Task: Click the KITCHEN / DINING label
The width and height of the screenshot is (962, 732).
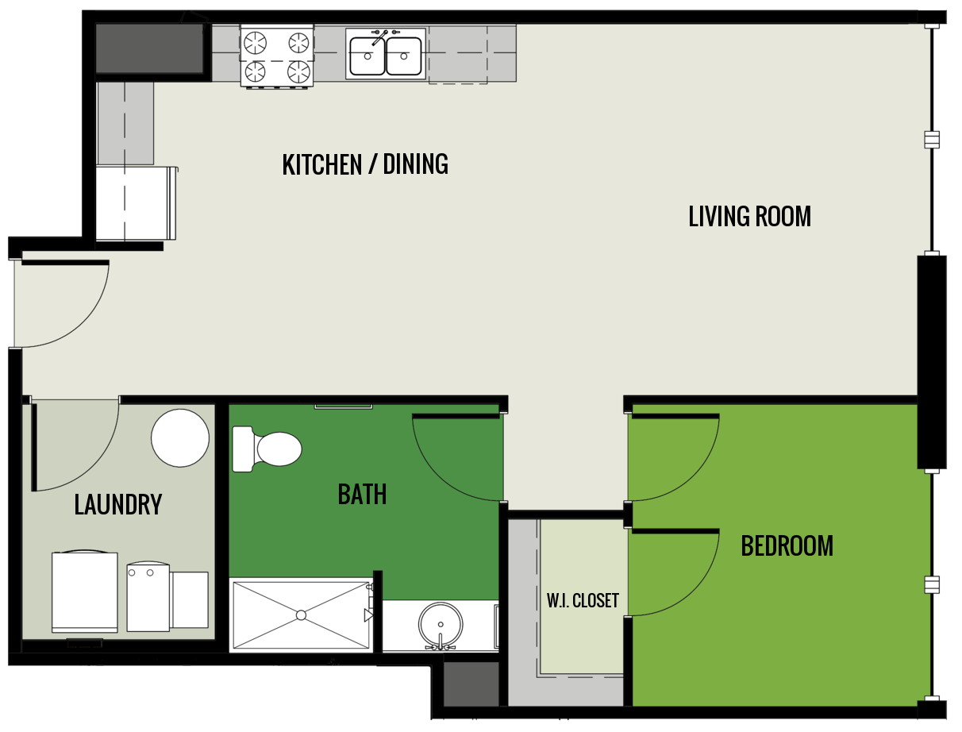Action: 365,164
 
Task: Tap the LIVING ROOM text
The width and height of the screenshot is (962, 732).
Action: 749,216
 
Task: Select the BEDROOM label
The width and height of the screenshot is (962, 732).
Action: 787,546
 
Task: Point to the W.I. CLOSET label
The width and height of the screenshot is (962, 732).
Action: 583,600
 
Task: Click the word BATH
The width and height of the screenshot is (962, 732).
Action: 362,495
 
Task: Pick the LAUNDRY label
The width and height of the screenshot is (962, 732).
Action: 117,505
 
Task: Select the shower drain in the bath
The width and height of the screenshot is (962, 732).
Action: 301,615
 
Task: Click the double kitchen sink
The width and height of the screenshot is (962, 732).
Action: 385,55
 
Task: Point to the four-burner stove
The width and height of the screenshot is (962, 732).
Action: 276,56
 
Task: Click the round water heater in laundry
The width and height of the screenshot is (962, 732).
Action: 180,438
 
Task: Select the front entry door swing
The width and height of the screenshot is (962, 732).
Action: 60,306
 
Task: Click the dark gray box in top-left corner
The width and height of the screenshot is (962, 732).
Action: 150,48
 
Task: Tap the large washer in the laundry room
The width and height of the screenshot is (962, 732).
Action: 84,591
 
